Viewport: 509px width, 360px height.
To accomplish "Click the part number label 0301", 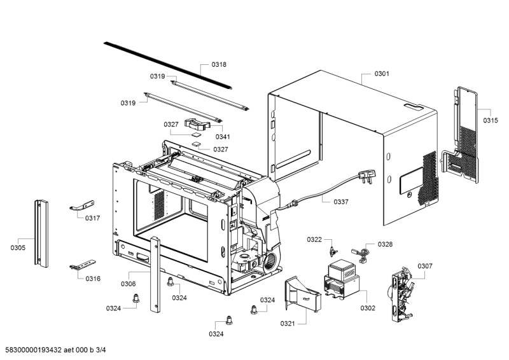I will coord(382,74).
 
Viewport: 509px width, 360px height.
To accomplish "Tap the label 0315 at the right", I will coord(490,120).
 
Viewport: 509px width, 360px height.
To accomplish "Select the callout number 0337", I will coord(341,202).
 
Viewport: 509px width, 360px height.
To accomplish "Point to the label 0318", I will coord(219,65).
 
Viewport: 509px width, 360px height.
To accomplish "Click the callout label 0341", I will coord(223,137).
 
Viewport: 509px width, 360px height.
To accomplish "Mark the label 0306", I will coord(129,284).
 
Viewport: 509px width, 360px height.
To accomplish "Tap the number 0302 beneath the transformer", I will coord(368,308).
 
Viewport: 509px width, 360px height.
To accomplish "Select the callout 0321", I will coord(288,323).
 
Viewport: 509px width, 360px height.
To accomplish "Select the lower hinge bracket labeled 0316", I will coord(81,265).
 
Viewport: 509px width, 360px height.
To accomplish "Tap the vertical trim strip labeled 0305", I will coord(41,234).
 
